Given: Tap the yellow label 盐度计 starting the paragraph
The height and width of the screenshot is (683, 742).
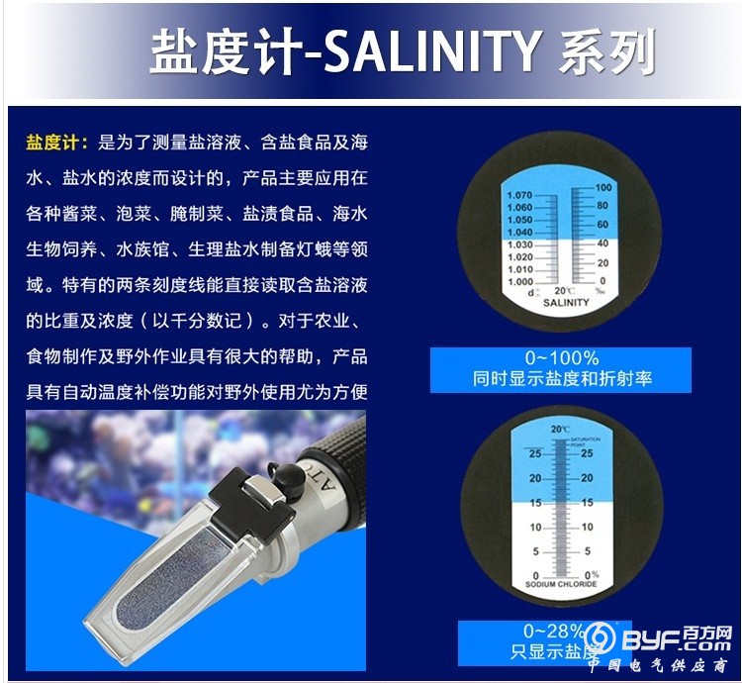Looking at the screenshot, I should click(57, 142).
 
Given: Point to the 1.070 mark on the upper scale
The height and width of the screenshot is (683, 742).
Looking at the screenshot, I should click(519, 196).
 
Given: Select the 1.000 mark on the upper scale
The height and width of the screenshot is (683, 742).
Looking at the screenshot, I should click(519, 281).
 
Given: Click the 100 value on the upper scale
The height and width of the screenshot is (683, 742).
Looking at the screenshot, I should click(603, 187).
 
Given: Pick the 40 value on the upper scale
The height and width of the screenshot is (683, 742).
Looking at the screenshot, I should click(601, 243).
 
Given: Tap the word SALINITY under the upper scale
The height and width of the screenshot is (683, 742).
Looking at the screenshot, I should click(565, 302).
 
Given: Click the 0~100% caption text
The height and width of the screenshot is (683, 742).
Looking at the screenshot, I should click(560, 358).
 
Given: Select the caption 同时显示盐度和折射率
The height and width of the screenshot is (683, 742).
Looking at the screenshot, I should click(560, 378).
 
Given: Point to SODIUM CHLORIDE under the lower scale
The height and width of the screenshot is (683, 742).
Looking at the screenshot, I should click(560, 585).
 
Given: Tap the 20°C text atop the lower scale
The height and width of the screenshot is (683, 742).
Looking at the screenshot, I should click(561, 429).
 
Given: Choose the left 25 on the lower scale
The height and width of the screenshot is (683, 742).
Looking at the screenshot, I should click(534, 453).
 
